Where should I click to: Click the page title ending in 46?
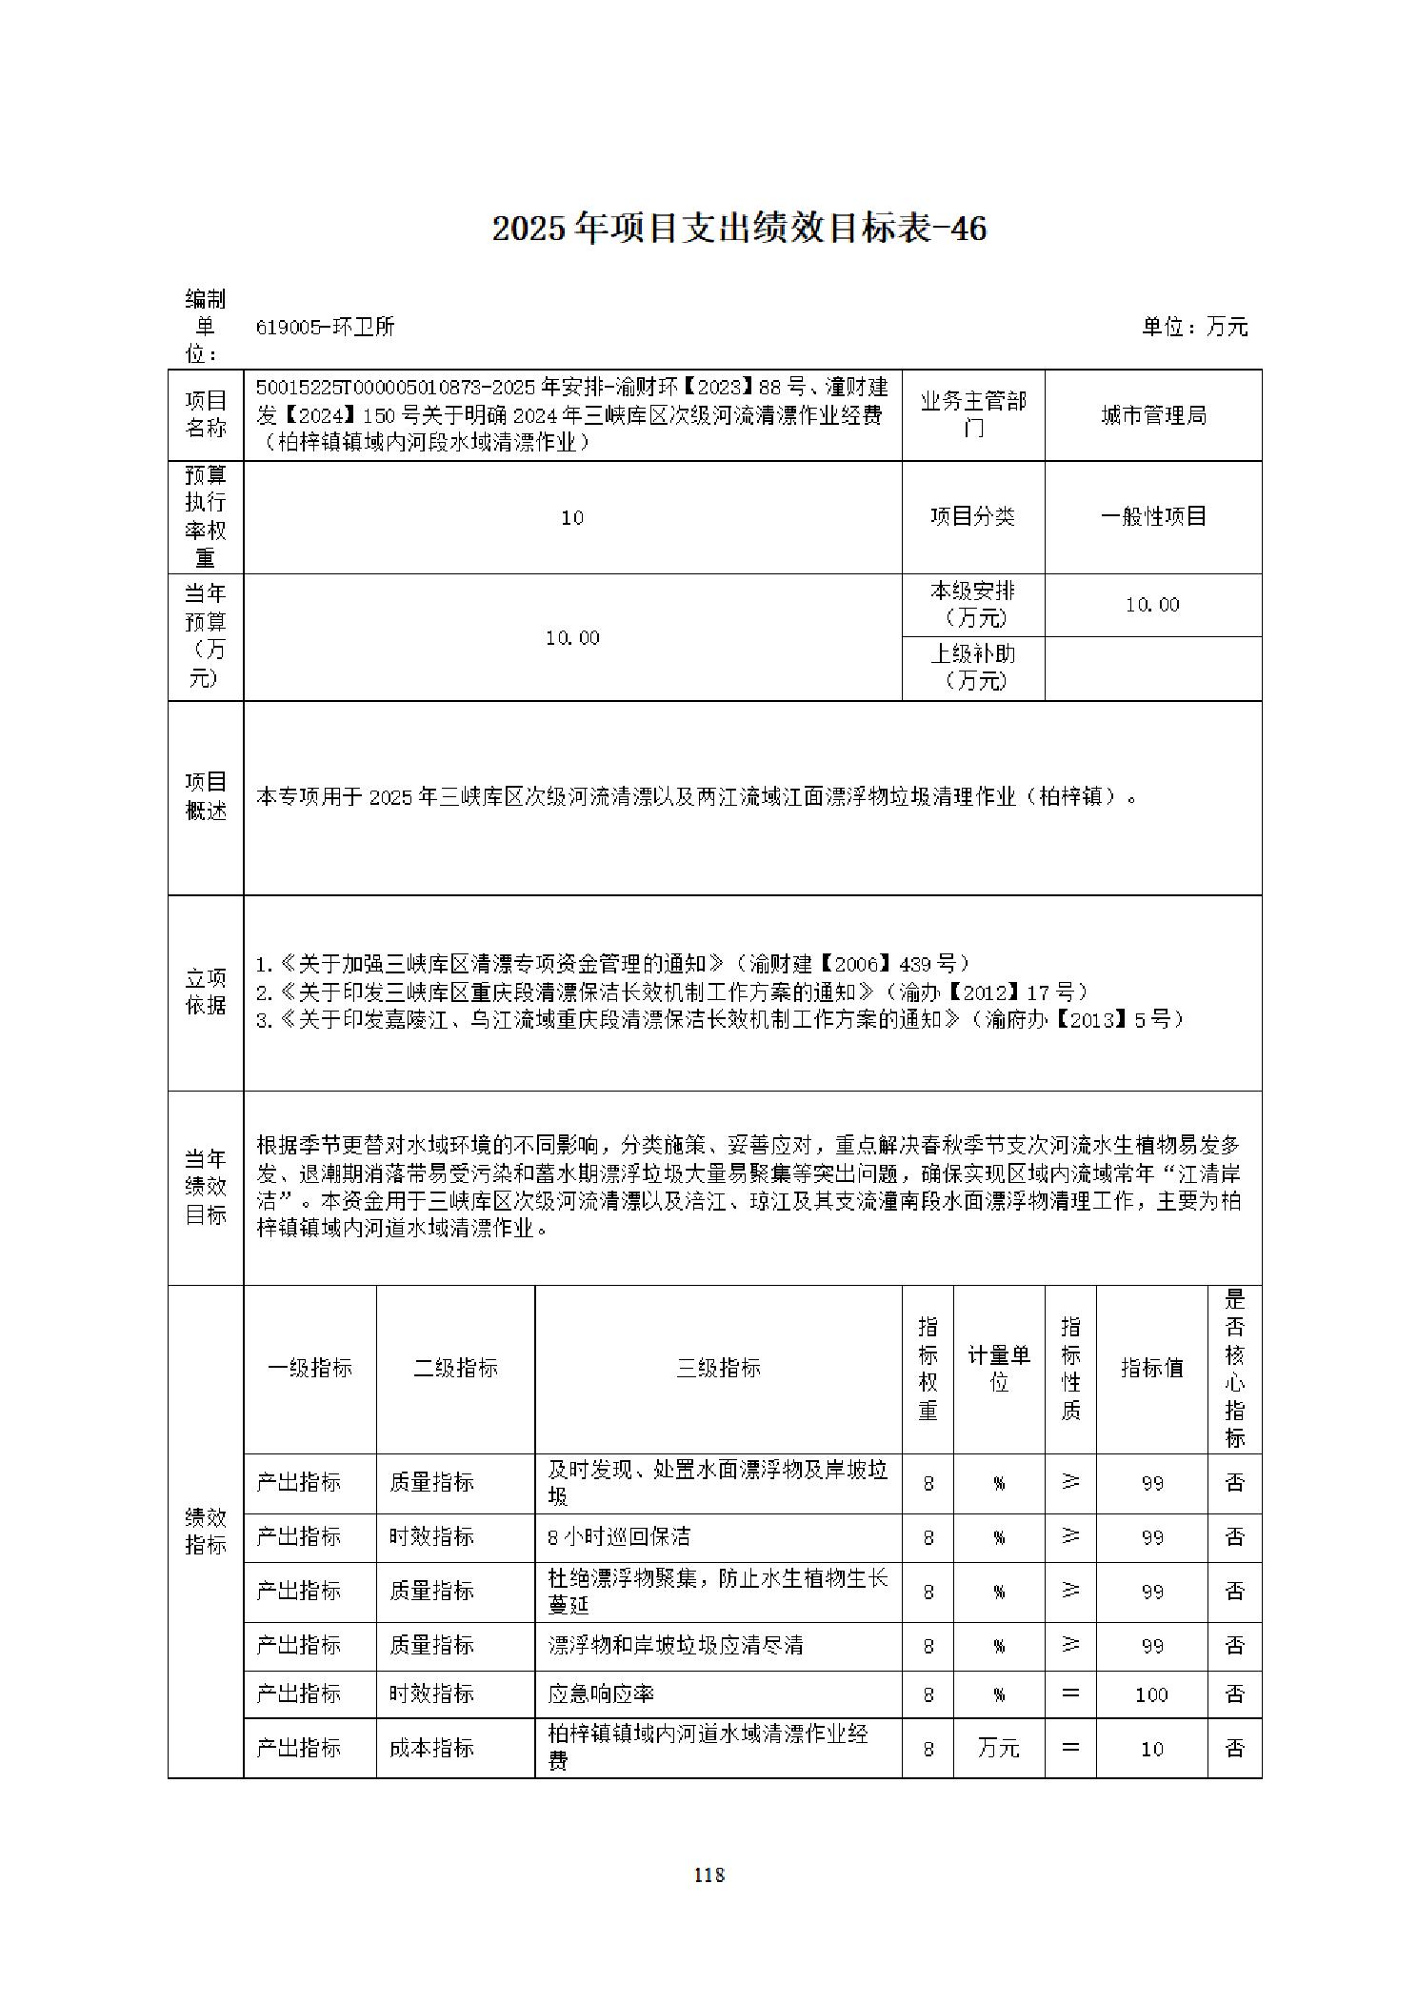(x=739, y=229)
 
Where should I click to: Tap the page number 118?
(x=709, y=1874)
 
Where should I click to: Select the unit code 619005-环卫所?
(x=325, y=328)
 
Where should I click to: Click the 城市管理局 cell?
(x=1153, y=416)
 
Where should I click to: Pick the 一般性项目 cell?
(x=1153, y=517)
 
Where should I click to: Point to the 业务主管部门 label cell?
(x=972, y=415)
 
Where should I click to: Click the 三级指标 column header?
(x=718, y=1369)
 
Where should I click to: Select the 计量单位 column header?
(x=999, y=1369)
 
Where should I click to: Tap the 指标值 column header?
(x=1151, y=1369)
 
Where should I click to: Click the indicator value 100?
(x=1152, y=1694)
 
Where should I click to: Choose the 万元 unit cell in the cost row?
(x=999, y=1749)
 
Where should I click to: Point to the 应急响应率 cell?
(x=601, y=1694)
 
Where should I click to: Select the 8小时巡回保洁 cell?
(x=619, y=1536)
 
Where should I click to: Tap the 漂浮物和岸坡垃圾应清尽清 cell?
(x=675, y=1645)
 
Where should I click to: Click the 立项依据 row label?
(x=206, y=992)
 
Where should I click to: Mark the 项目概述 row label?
(x=206, y=796)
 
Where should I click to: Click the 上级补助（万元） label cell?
(x=972, y=667)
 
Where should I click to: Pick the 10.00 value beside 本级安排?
(x=1152, y=605)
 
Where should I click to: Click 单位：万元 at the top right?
(x=1194, y=328)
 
